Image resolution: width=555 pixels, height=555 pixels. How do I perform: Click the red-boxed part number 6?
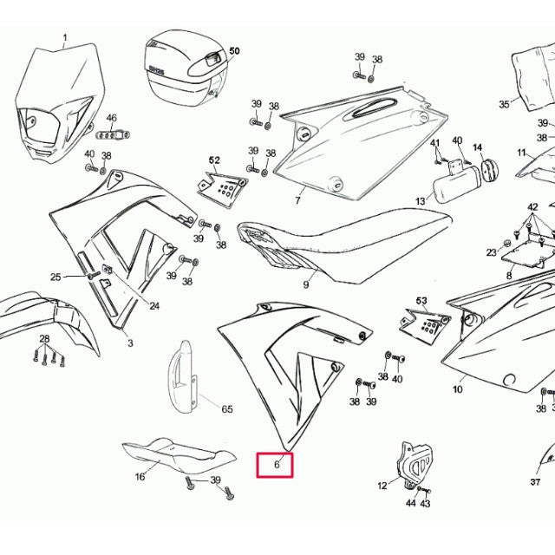coord(276,466)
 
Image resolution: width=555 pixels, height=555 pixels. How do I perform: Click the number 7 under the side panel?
coord(297,200)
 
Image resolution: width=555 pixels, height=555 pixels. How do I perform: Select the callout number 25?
coord(56,277)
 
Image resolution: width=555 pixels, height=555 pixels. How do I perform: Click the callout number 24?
coord(154,305)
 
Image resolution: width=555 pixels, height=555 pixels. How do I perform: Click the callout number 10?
coord(457,389)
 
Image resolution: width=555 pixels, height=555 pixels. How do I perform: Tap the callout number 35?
coord(504,104)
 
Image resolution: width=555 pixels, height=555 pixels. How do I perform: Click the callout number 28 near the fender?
coord(43,338)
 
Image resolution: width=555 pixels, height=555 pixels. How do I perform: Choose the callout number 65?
coord(227,408)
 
